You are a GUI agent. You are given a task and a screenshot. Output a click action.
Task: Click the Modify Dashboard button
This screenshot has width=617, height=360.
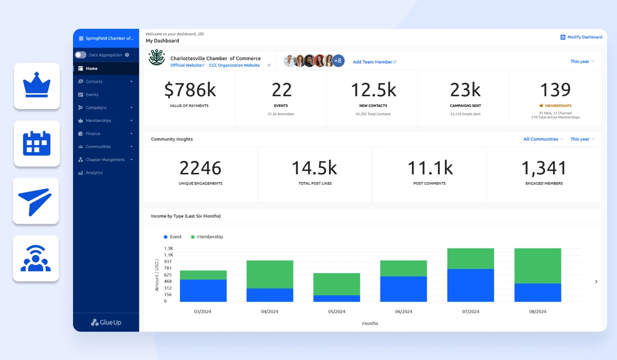click(582, 37)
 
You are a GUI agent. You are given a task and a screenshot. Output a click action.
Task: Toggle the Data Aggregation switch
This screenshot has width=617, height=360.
click(81, 55)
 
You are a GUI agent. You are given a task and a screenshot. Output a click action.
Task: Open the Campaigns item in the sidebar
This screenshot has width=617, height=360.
click(96, 107)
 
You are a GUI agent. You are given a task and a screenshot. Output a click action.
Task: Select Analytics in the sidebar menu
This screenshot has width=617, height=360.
click(94, 173)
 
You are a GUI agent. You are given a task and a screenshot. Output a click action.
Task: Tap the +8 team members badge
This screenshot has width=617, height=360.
click(338, 61)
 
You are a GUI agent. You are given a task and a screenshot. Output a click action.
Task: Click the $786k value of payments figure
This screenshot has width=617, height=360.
click(190, 90)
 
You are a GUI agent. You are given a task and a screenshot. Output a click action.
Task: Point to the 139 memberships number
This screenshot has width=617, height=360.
click(555, 90)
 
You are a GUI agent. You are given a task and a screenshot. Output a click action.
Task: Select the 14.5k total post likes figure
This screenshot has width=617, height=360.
click(314, 168)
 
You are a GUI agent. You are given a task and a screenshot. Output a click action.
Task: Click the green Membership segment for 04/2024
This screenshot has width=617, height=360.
click(270, 274)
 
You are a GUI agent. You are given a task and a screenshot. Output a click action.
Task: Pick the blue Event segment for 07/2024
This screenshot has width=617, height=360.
click(470, 285)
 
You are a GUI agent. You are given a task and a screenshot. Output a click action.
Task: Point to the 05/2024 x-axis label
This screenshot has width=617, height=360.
click(337, 312)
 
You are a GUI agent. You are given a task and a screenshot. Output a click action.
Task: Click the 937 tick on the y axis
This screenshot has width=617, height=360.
click(168, 261)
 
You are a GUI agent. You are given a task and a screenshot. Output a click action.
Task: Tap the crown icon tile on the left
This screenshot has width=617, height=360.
click(37, 86)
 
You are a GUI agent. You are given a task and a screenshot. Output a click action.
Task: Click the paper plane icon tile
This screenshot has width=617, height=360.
click(36, 201)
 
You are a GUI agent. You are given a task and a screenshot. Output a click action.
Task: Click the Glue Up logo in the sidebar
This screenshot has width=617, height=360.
click(106, 322)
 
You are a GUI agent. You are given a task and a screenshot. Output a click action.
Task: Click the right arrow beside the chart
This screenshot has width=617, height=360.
click(596, 281)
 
